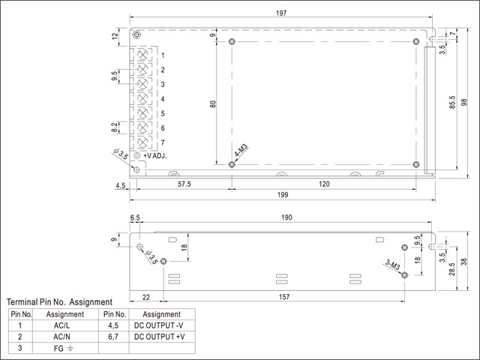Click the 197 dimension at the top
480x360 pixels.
280,13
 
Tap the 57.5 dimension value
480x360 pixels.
183,183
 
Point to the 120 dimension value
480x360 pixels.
324,183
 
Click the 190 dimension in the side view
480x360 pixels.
286,218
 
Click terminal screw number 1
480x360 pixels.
142,55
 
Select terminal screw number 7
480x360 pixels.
142,142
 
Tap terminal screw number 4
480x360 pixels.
142,99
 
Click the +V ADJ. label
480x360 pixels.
154,156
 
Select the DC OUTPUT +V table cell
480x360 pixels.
160,337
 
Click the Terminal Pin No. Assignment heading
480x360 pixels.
59,301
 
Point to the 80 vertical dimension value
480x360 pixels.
213,104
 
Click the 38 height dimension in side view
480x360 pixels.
464,262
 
